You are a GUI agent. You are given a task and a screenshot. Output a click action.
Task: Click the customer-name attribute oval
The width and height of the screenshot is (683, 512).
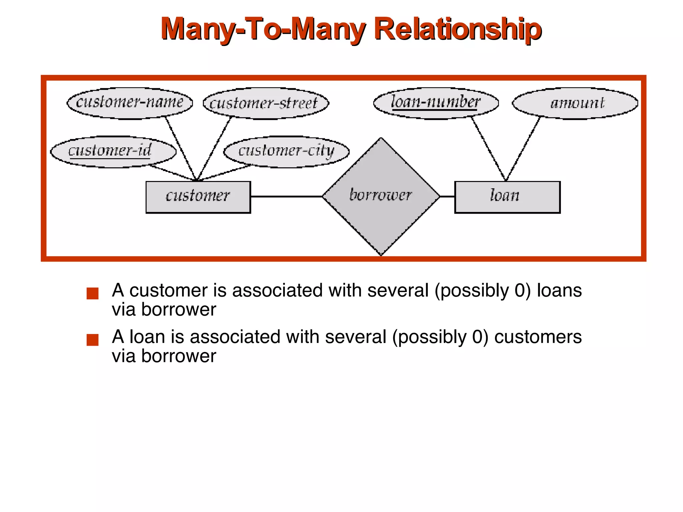(130, 103)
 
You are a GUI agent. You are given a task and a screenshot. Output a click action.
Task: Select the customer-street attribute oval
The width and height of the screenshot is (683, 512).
(266, 103)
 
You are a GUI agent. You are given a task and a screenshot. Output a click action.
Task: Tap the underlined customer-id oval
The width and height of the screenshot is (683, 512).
(113, 152)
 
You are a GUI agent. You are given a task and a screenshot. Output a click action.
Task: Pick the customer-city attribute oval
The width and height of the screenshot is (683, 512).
(286, 152)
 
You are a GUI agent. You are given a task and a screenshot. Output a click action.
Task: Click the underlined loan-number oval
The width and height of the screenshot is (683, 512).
(436, 103)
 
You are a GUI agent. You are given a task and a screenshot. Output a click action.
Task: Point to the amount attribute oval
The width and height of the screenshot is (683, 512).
(575, 103)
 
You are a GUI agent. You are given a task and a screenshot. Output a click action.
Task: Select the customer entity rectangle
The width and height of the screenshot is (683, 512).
(198, 197)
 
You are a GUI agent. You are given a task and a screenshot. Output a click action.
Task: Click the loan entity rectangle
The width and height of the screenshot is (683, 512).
(507, 197)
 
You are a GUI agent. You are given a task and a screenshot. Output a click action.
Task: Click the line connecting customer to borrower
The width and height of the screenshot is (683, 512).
(286, 197)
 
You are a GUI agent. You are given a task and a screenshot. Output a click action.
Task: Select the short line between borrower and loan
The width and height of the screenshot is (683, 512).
(447, 197)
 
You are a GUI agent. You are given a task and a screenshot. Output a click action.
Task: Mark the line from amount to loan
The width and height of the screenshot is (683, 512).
(523, 149)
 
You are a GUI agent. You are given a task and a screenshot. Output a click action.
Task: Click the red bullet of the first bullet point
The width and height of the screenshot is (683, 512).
(92, 293)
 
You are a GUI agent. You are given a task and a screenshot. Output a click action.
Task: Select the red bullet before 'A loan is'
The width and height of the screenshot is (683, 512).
(92, 340)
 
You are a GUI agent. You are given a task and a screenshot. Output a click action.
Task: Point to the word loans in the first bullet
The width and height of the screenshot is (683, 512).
(559, 290)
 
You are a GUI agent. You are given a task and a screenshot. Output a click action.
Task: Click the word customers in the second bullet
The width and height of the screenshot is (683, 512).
(538, 337)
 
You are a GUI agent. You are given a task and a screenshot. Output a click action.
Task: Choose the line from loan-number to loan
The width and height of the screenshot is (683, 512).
(489, 149)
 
